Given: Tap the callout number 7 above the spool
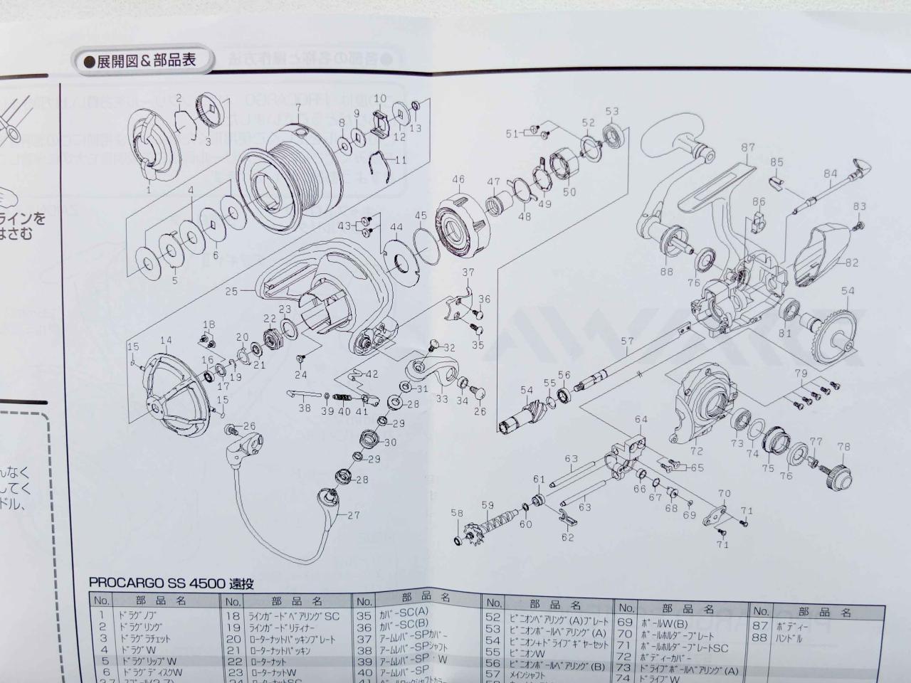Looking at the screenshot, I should [x=298, y=108].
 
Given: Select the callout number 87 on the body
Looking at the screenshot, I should [x=747, y=148].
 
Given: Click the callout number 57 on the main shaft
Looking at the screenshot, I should [x=626, y=342].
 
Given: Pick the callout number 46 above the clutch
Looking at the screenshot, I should [x=458, y=179].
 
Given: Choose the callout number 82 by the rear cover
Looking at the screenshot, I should [x=852, y=263].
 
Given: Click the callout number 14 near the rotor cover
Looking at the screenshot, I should [x=166, y=340].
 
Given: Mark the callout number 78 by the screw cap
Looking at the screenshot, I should [x=844, y=448].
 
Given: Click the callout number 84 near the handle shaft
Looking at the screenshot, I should [x=830, y=173].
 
